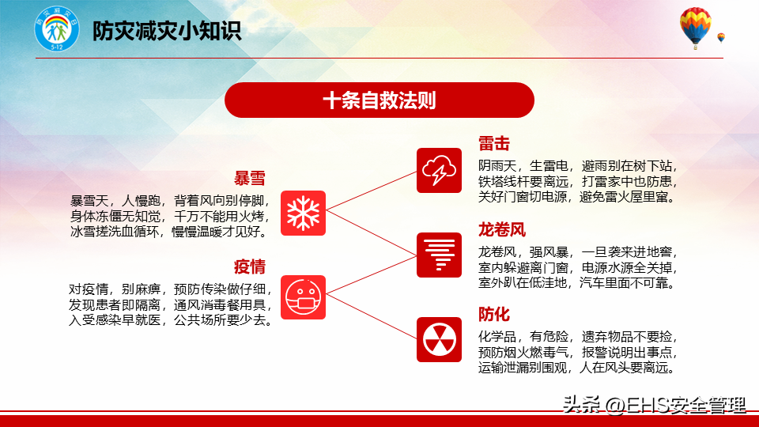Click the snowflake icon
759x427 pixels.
pos(303,213)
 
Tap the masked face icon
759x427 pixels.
pos(303,297)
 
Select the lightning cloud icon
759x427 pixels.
pos(439,171)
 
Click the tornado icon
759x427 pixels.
pos(439,255)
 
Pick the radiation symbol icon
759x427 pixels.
pos(439,339)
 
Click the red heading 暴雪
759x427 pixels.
pos(250,179)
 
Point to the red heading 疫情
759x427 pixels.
pos(250,266)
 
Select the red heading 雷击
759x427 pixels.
pos(494,144)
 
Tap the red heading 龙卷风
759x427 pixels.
pos(502,229)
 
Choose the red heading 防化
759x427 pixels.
pos(494,314)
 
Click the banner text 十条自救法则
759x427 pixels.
pos(379,100)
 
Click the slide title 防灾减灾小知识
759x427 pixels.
pos(167,31)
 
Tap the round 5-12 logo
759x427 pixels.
pos(57,29)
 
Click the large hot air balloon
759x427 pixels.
pos(696,28)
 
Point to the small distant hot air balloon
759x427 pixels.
pos(721,38)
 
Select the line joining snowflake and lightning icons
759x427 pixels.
pos(372,191)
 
